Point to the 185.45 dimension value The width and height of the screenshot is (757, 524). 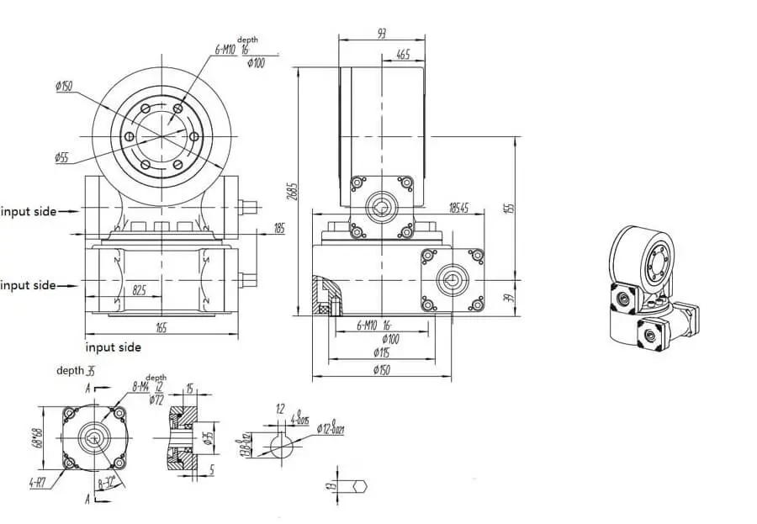coord(458,207)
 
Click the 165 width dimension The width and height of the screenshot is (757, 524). coord(161,327)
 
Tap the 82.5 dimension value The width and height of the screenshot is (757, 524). coord(141,290)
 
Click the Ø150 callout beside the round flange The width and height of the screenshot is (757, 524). coord(63,86)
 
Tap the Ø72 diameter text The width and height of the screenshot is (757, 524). coord(157,400)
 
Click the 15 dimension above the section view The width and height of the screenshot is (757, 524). coord(190,388)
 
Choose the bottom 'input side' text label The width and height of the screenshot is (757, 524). coord(114,347)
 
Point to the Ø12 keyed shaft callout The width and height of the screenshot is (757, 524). coord(331,430)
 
